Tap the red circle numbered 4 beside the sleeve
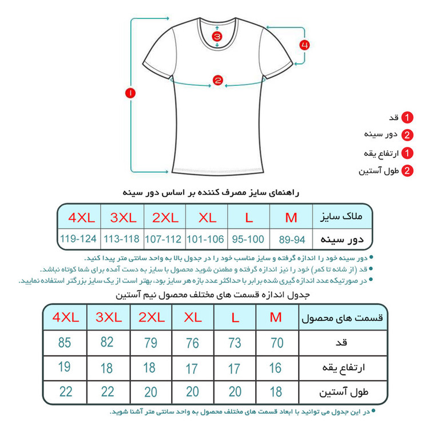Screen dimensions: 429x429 coord(305,44)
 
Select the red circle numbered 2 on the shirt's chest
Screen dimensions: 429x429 coord(217,81)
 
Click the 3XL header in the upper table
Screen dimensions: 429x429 coord(121,217)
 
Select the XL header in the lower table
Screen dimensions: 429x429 coord(192,316)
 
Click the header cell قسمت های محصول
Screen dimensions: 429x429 coord(341,317)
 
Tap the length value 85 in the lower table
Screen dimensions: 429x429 coord(65,343)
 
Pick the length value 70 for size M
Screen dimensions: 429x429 coord(277,343)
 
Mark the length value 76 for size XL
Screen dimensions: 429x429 coord(192,343)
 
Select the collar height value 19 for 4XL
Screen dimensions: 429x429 coord(65,367)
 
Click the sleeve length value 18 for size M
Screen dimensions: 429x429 coord(277,392)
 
